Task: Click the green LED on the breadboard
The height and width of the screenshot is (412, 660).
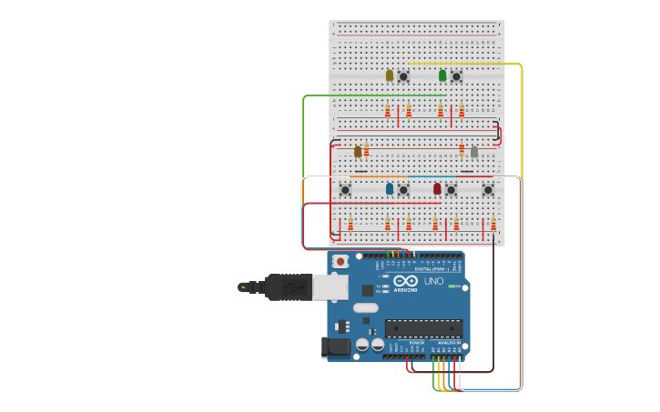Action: coord(442,75)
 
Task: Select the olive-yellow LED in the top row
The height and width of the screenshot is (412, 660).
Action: coord(390,75)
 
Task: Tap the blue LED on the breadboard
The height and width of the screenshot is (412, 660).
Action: coord(390,189)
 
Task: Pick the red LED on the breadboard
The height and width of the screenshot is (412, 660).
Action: coord(437,189)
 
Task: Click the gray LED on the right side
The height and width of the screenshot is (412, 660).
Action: coord(474,152)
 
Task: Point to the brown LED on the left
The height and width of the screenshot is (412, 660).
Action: coord(358,152)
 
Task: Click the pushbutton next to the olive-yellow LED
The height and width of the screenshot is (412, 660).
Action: coord(403,76)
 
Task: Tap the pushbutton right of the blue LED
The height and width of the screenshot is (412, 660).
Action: coord(403,190)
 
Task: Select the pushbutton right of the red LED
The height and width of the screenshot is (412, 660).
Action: coord(451,190)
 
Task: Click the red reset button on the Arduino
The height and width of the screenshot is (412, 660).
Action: coord(340,262)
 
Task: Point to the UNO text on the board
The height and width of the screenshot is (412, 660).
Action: coord(434,281)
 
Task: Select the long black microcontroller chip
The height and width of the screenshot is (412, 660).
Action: coord(422,328)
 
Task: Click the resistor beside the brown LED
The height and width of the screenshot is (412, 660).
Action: coord(366,151)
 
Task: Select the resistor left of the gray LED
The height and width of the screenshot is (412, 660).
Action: coord(462,151)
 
